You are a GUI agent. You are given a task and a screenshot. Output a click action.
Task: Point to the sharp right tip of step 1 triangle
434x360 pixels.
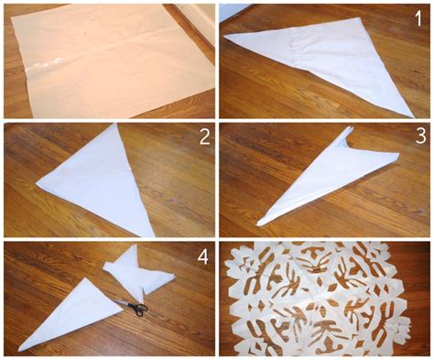pyautogui.click(x=412, y=115)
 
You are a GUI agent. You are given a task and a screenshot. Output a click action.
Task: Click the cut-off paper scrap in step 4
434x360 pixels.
pyautogui.click(x=137, y=270)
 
